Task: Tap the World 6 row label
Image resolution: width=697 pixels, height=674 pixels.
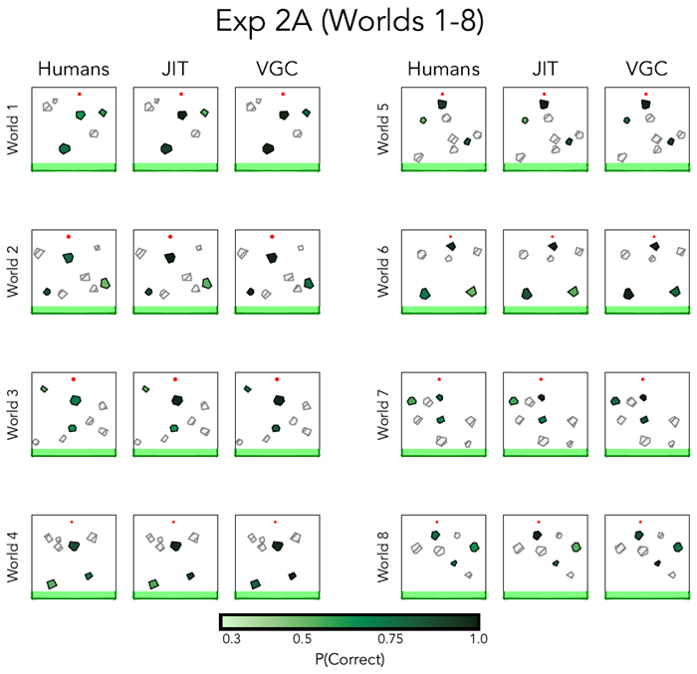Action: (x=383, y=272)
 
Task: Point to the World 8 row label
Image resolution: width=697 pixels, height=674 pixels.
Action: (x=383, y=558)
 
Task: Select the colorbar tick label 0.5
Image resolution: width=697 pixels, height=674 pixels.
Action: (x=303, y=639)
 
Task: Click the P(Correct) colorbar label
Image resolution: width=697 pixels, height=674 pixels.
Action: (x=348, y=658)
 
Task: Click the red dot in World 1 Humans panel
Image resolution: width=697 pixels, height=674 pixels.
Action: (x=81, y=94)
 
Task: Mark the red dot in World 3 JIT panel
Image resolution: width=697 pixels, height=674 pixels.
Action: (x=174, y=379)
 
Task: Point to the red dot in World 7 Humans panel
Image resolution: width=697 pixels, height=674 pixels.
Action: (x=438, y=378)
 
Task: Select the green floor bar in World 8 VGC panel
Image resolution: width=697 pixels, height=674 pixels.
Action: (x=647, y=595)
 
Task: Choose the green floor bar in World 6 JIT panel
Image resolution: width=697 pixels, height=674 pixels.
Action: (x=546, y=311)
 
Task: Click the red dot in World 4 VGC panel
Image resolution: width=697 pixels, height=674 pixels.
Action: (x=276, y=522)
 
